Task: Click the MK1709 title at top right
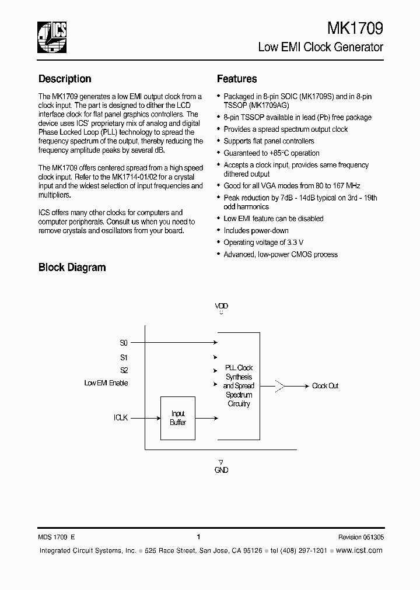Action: pos(355,29)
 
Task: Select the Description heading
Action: pos(65,79)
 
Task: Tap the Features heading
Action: pos(237,79)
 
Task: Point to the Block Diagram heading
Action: pos(72,268)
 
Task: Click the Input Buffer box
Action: pos(178,418)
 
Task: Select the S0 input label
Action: pos(124,343)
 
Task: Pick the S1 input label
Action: pos(124,357)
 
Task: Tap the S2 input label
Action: pos(124,370)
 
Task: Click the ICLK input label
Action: pos(121,418)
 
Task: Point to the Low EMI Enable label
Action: pos(106,383)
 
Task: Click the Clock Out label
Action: pos(325,386)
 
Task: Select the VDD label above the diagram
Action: pos(221,306)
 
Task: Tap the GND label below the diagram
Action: pos(221,470)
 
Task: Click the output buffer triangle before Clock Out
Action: pos(281,386)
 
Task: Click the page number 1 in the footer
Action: pos(198,537)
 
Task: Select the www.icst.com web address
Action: pos(359,550)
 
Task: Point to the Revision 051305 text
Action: pos(360,538)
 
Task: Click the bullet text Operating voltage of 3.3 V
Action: pos(263,243)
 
